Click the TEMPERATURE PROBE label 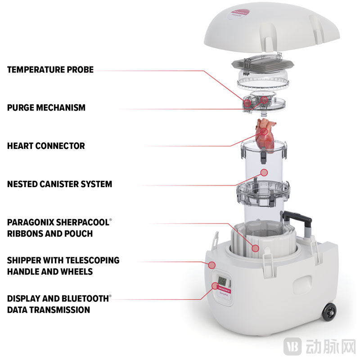pos(50,70)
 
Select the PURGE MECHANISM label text pos(46,108)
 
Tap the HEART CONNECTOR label pos(46,146)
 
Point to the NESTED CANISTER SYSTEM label pos(60,184)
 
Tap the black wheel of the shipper pos(329,312)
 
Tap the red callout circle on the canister pos(265,172)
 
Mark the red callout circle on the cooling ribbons pos(255,247)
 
